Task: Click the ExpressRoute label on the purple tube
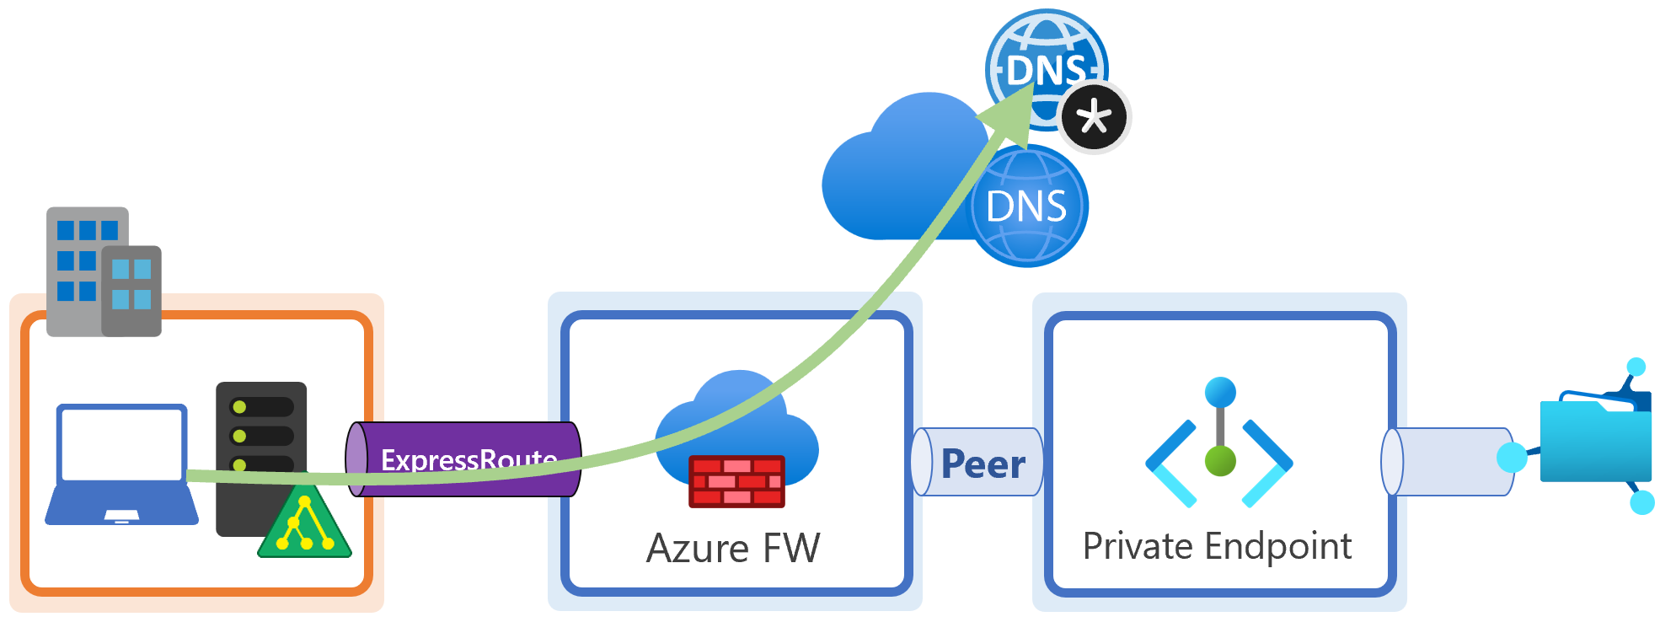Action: [469, 459]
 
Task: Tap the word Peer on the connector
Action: [983, 464]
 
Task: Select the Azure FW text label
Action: [732, 549]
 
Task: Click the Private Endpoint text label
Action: [1217, 546]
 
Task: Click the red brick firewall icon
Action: [736, 481]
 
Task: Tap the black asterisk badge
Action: [1094, 117]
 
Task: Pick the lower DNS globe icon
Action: [1027, 206]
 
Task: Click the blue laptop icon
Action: [121, 464]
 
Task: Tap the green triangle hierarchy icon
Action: [303, 525]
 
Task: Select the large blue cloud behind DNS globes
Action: [893, 177]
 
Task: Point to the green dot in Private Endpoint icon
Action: [1220, 461]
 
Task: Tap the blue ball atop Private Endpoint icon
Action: [1220, 392]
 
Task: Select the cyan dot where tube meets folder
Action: [1512, 458]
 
